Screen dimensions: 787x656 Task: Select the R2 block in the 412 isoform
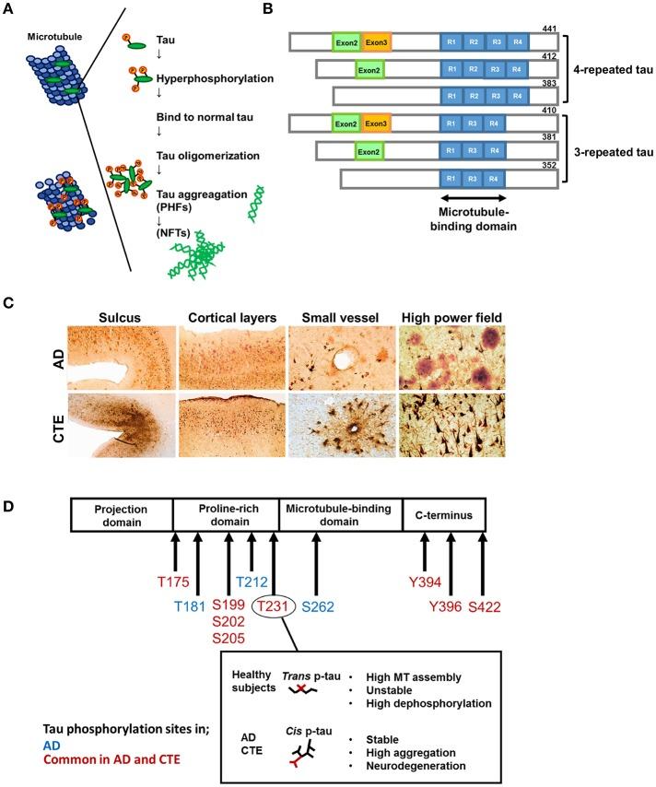point(473,70)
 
